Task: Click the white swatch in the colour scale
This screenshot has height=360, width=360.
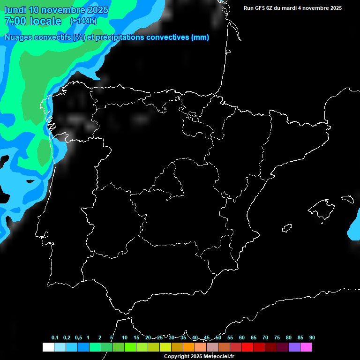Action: pos(48,347)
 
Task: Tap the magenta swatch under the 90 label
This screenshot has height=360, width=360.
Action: pos(306,347)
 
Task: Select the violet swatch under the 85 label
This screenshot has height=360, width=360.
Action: pos(294,347)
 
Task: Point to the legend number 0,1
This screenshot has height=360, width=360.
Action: pos(55,337)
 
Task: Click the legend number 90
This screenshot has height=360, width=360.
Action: pos(312,337)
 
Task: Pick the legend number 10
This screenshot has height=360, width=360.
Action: pos(124,337)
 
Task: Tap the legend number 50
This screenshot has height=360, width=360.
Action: pos(218,337)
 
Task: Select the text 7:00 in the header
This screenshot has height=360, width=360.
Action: pos(15,21)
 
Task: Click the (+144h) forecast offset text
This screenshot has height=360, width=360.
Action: pos(83,21)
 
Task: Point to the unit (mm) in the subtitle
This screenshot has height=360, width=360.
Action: pos(200,37)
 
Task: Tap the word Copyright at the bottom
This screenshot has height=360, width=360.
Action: pos(176,357)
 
